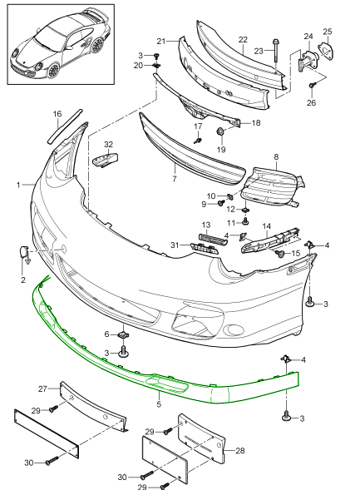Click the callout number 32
108,145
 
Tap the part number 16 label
57,114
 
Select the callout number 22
243,40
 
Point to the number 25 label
328,32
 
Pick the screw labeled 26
312,85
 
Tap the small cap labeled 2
24,252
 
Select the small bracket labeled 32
106,160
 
